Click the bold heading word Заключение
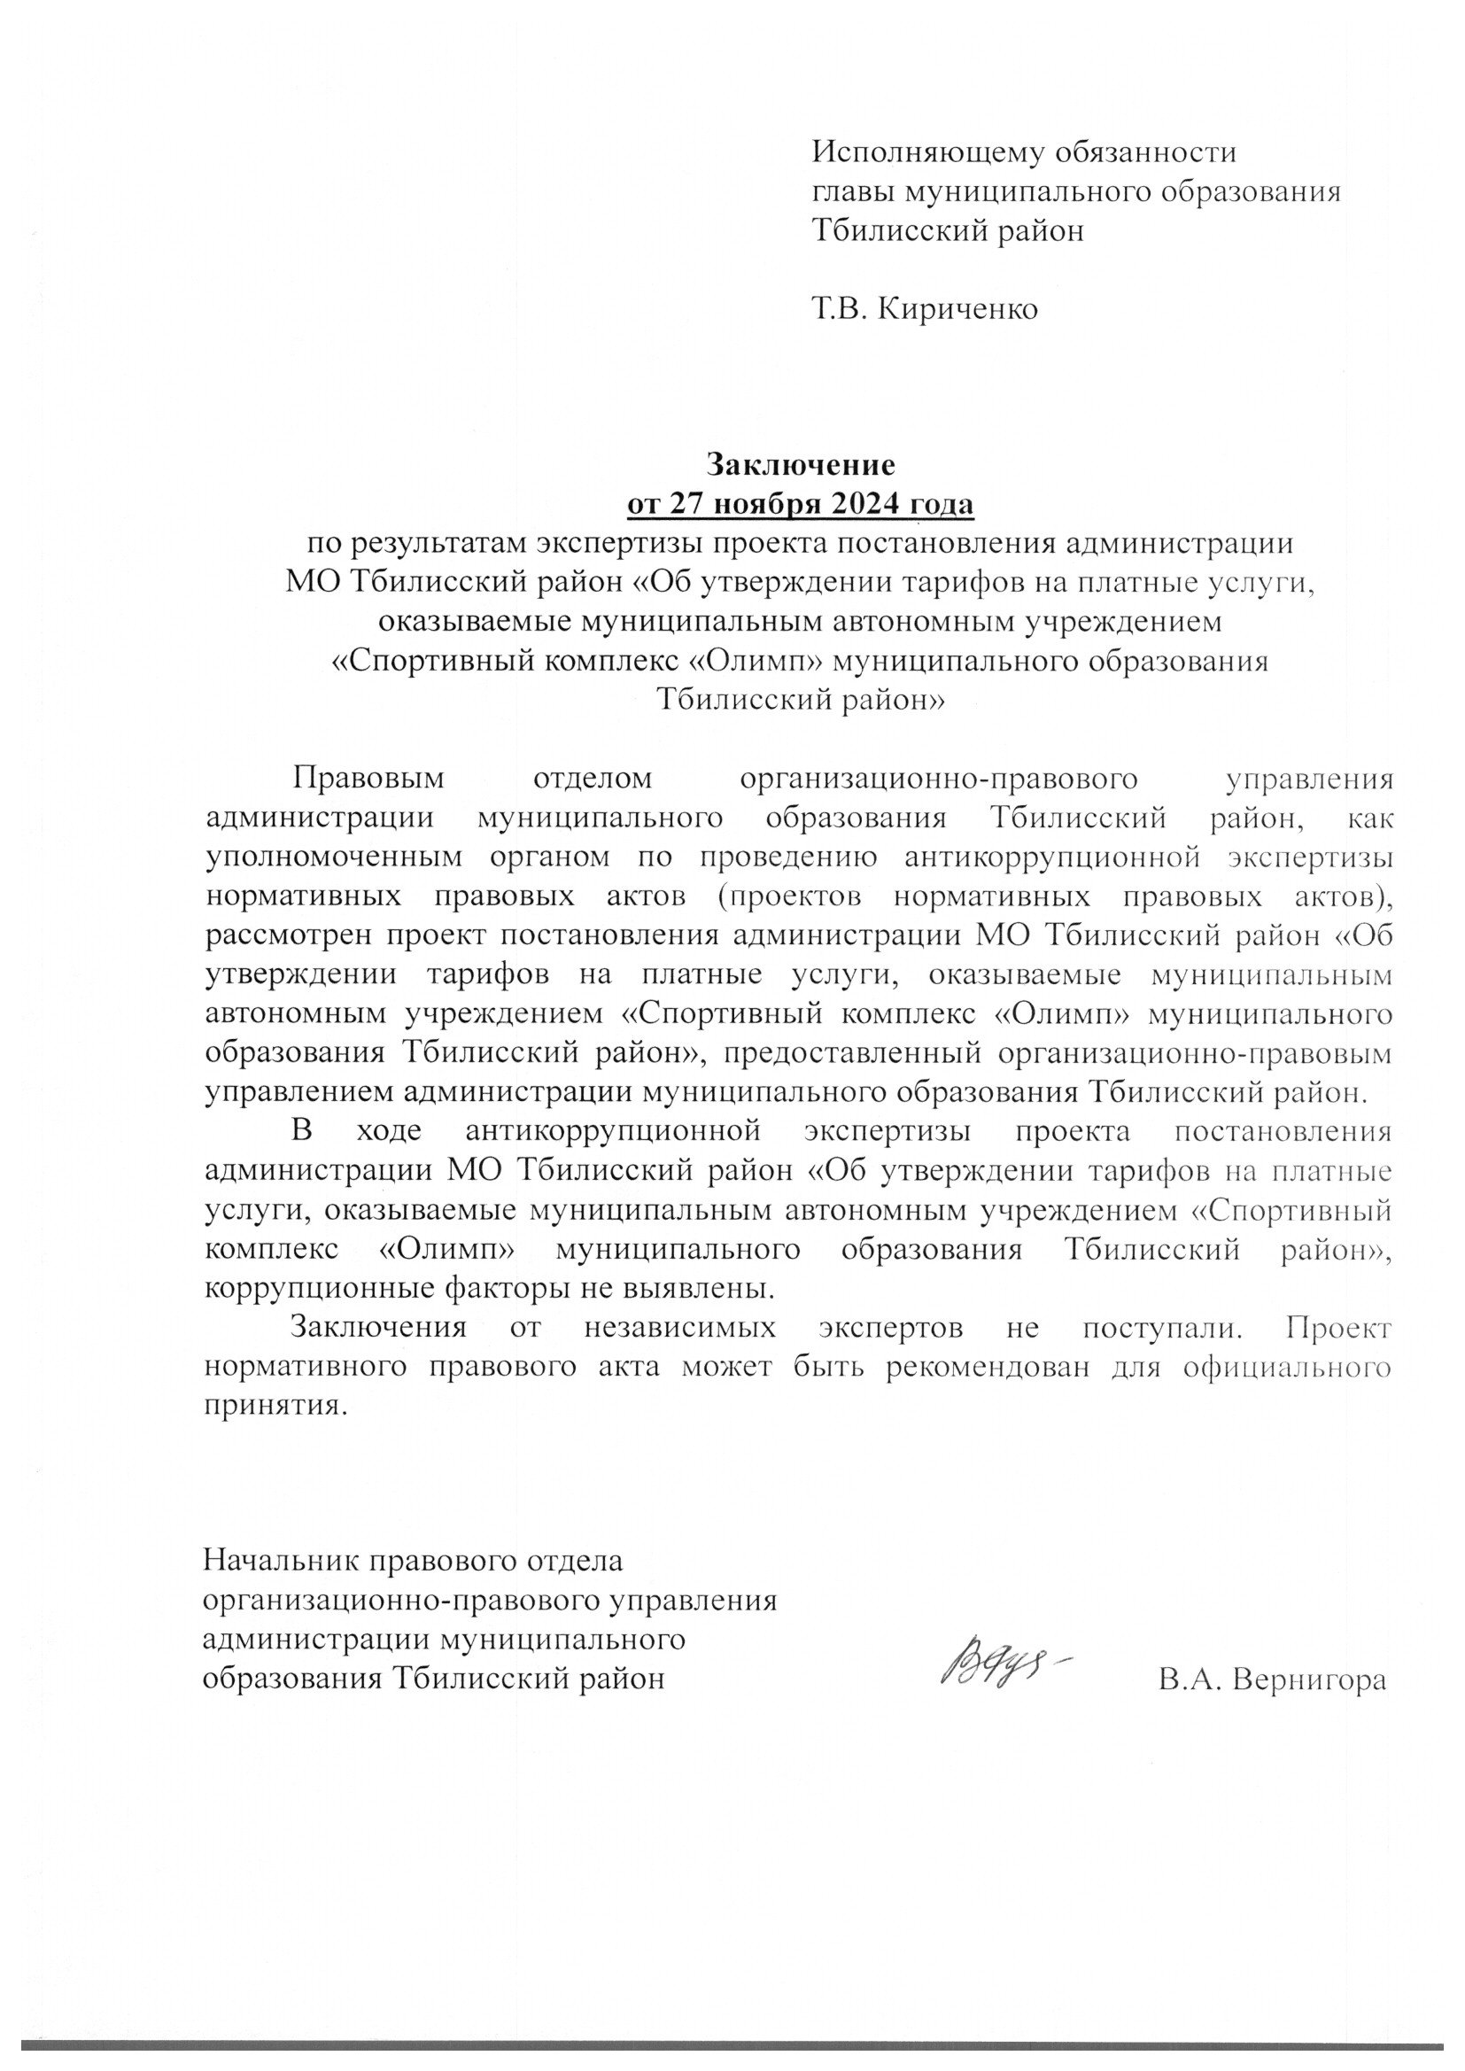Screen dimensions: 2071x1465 point(800,464)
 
